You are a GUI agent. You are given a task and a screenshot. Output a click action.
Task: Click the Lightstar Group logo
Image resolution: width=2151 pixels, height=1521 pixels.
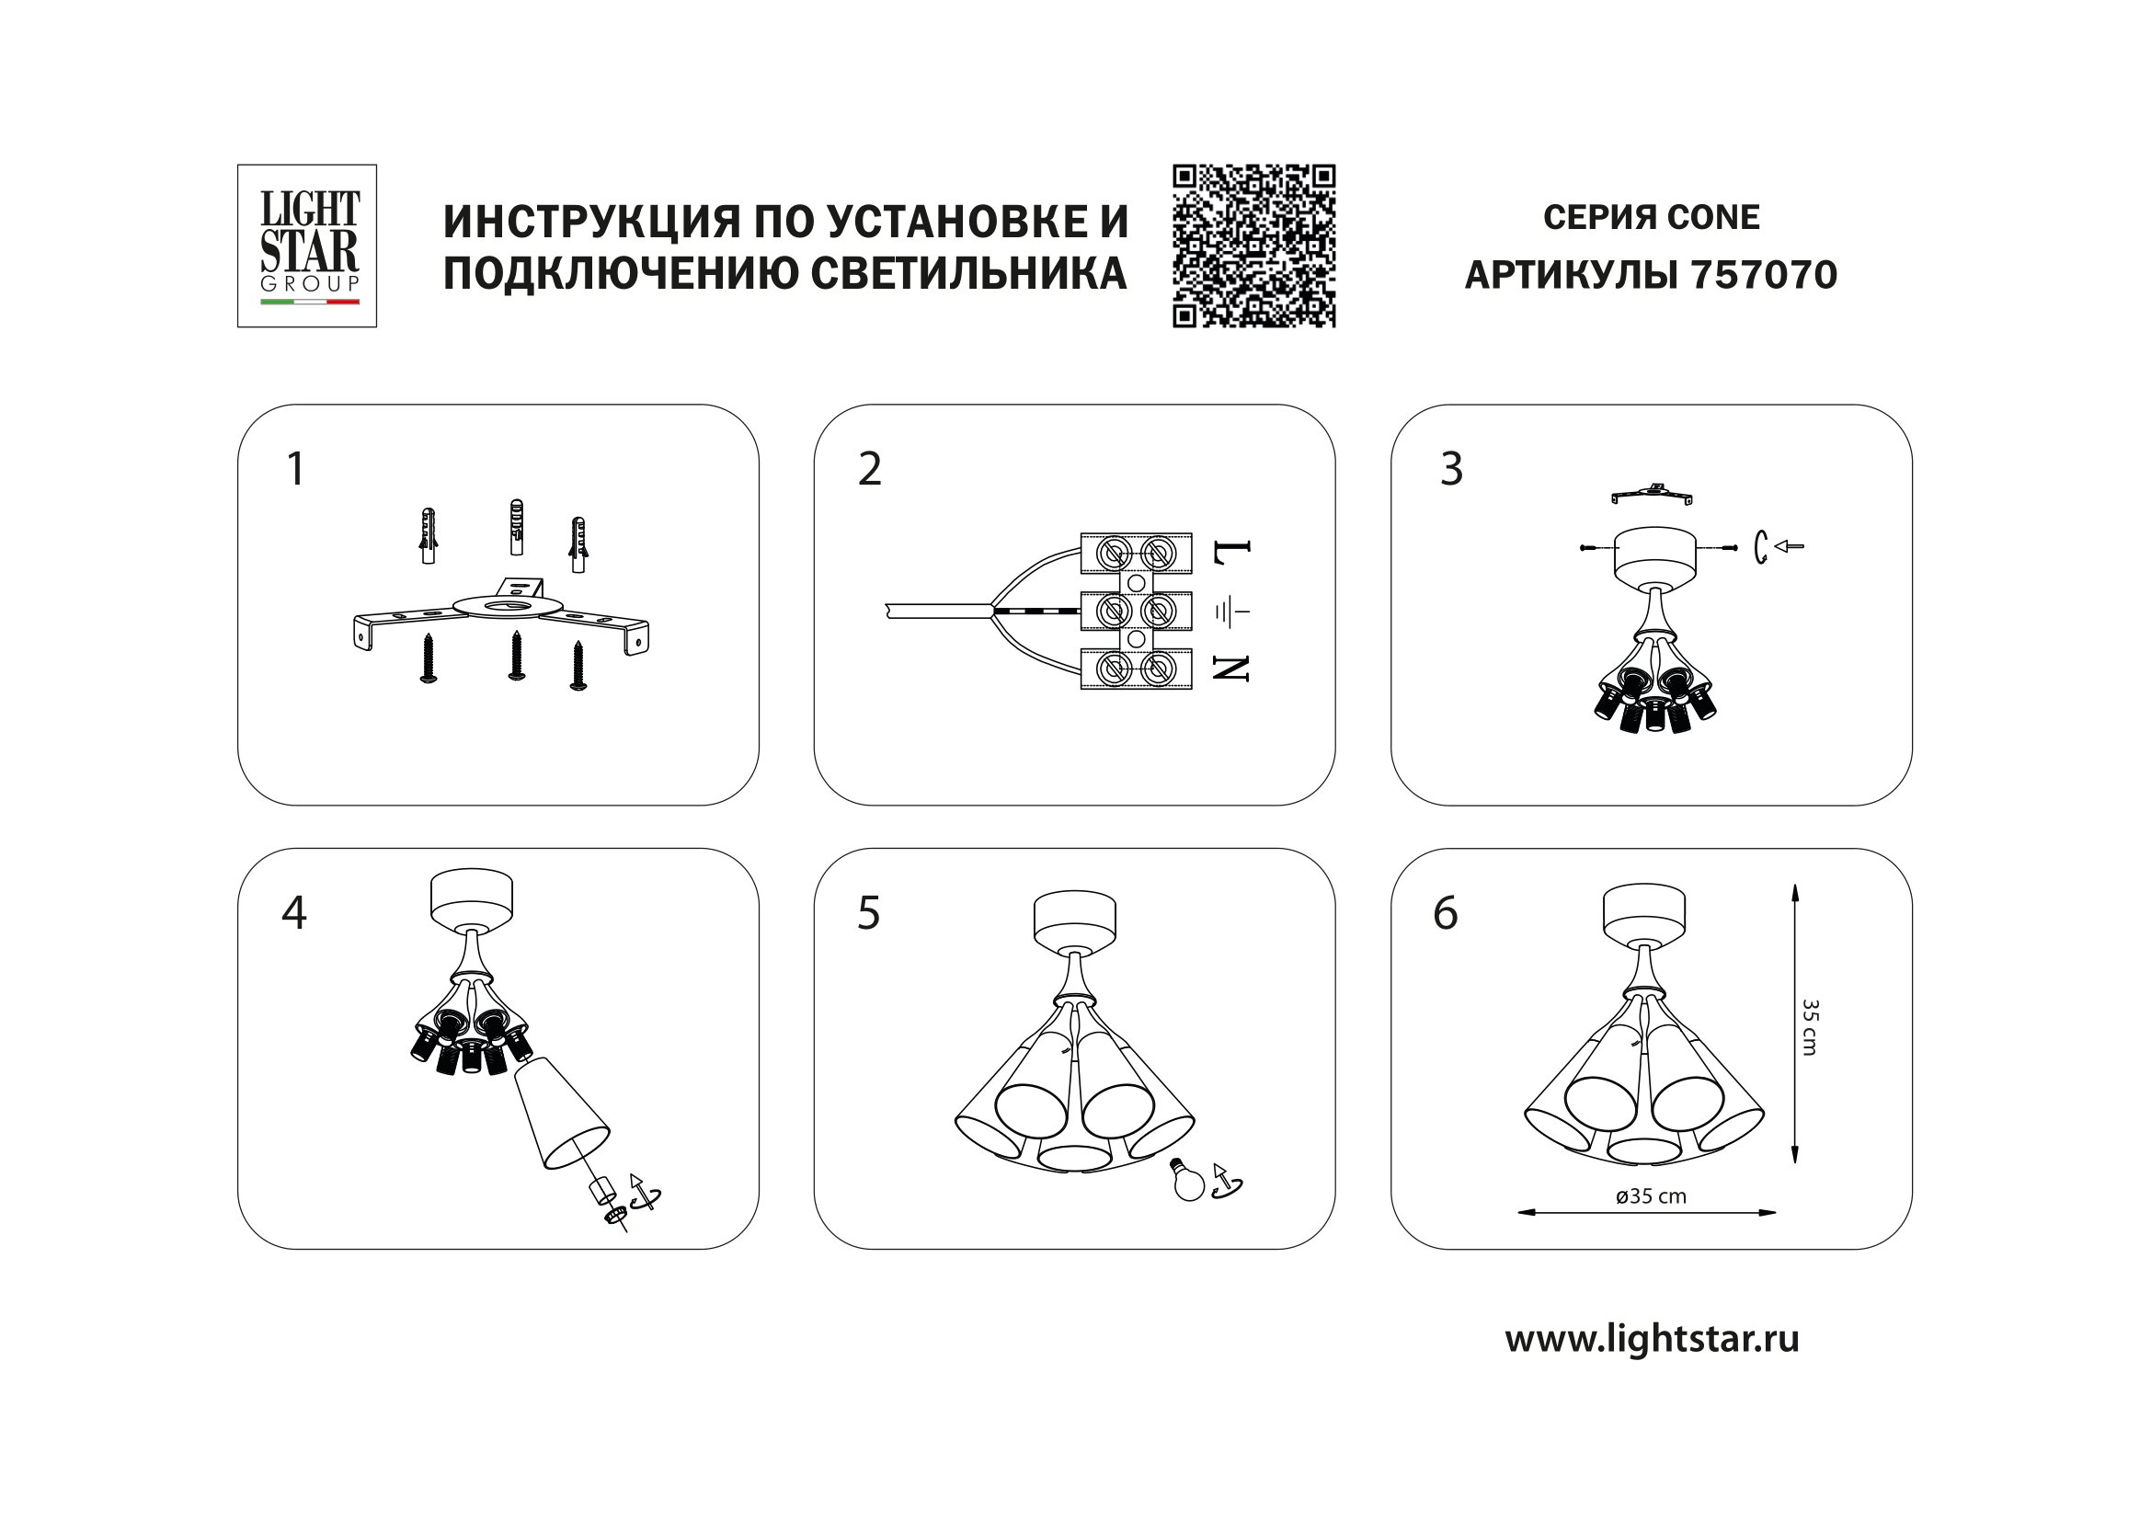pyautogui.click(x=306, y=246)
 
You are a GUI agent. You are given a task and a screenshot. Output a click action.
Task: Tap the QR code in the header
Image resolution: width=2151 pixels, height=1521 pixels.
pyautogui.click(x=1253, y=246)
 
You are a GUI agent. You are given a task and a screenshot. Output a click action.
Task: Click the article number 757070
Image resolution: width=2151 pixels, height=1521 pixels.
pyautogui.click(x=1764, y=275)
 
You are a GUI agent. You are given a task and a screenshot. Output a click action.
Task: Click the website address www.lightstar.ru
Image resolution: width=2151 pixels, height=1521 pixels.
pyautogui.click(x=1652, y=1338)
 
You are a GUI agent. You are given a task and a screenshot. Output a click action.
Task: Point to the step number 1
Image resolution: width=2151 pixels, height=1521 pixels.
pyautogui.click(x=296, y=468)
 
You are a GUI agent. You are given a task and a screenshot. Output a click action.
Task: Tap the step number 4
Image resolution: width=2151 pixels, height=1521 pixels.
pyautogui.click(x=294, y=912)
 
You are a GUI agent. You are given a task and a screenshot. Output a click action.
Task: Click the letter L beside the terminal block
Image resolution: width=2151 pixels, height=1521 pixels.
pyautogui.click(x=1231, y=554)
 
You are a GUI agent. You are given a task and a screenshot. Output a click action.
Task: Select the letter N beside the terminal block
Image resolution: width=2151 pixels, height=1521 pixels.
pyautogui.click(x=1231, y=668)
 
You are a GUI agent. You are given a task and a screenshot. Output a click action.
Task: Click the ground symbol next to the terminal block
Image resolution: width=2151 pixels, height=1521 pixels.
pyautogui.click(x=1232, y=612)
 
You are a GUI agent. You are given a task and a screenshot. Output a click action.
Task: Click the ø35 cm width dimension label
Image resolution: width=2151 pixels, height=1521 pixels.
pyautogui.click(x=1651, y=1197)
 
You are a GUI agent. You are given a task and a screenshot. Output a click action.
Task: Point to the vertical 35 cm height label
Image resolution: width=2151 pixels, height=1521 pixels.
pyautogui.click(x=1809, y=1027)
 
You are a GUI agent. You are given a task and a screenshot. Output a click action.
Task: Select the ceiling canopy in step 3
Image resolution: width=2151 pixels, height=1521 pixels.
pyautogui.click(x=1655, y=555)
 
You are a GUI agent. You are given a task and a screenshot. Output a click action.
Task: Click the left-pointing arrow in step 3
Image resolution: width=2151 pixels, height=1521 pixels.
pyautogui.click(x=1790, y=546)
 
